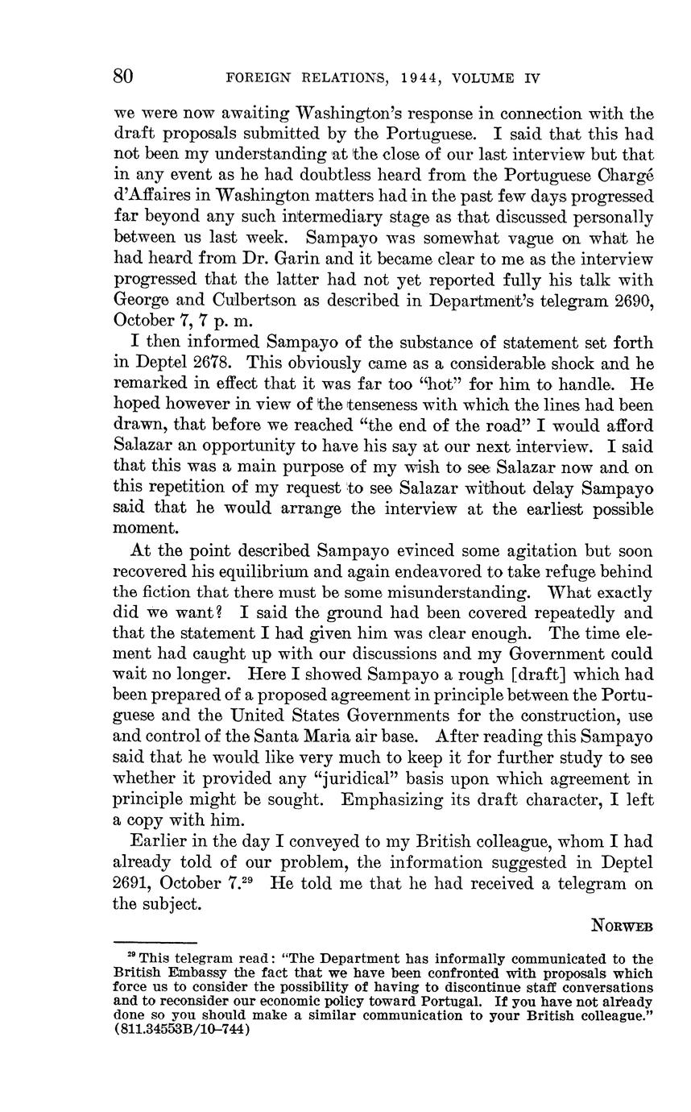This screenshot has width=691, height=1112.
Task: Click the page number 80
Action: [123, 77]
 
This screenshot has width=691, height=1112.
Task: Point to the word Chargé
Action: [624, 175]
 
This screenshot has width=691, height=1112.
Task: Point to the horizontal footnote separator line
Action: [155, 942]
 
